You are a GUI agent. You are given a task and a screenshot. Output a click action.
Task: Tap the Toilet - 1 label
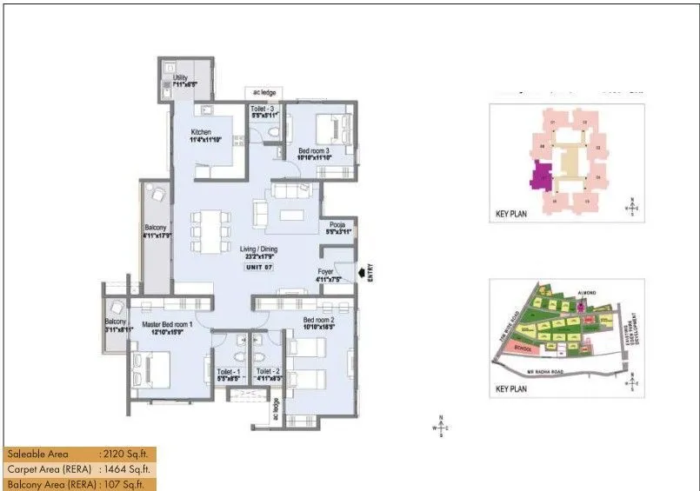[x=230, y=371]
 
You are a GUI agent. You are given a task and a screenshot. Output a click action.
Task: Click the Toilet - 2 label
[x=268, y=371]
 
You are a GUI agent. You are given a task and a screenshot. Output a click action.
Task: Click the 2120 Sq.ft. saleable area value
[x=123, y=454]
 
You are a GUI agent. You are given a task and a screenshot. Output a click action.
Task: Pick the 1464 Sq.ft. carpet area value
[x=123, y=469]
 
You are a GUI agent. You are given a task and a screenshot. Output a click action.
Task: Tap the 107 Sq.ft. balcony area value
[x=121, y=484]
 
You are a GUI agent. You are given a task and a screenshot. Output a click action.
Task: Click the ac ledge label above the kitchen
[x=263, y=91]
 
